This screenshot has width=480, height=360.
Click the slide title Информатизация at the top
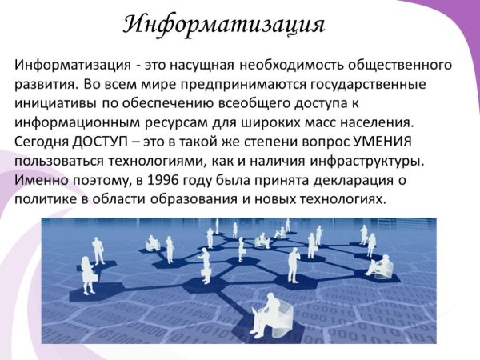pos(224,24)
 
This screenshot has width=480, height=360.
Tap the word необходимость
pos(302,64)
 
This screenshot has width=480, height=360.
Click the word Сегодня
pos(43,141)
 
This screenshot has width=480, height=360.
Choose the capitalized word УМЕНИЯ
pos(379,141)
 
